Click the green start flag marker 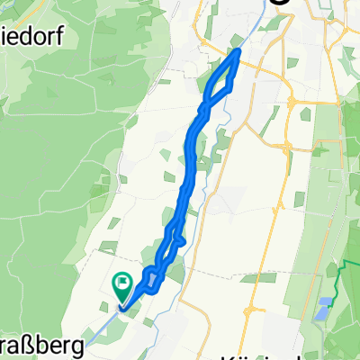[122, 286]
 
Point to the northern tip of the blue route [238, 52]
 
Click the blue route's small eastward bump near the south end [181, 240]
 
